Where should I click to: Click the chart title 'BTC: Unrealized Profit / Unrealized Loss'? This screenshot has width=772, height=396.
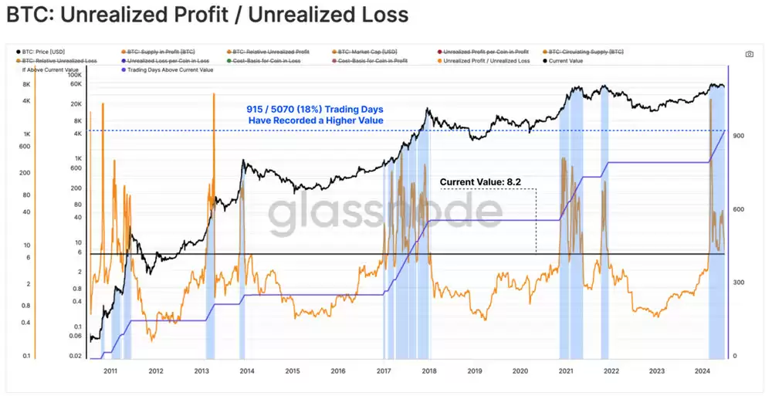207,15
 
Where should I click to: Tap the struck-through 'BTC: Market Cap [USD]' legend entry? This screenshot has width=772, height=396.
369,51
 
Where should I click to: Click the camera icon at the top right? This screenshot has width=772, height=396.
749,54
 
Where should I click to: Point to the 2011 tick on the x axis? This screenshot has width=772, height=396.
110,371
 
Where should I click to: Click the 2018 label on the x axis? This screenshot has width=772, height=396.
429,371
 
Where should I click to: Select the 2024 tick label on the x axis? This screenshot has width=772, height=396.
703,371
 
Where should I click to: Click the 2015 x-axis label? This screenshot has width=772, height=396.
292,371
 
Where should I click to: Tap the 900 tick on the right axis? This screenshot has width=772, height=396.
740,136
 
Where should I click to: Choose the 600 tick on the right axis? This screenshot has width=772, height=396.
740,209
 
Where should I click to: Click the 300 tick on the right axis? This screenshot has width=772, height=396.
740,283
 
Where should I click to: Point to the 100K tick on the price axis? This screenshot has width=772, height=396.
75,76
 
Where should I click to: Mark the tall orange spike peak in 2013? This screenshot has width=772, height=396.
212,94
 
